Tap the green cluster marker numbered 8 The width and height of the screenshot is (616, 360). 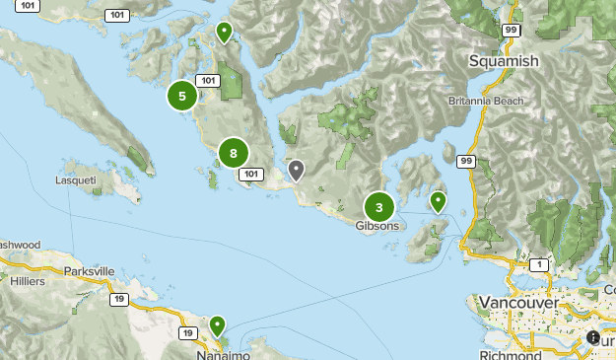233,153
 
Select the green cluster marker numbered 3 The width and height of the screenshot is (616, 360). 379,207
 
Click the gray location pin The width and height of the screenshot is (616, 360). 296,170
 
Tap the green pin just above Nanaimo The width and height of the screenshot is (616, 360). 216,324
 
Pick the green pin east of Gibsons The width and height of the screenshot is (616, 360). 437,200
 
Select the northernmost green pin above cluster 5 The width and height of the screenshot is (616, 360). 225,33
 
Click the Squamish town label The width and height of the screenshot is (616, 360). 504,61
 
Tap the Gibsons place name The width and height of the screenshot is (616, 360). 377,226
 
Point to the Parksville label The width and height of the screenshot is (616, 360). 88,270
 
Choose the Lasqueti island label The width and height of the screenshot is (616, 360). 75,180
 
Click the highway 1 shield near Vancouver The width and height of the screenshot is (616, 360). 539,265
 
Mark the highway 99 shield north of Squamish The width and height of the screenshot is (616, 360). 511,31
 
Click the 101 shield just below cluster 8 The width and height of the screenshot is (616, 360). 252,175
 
